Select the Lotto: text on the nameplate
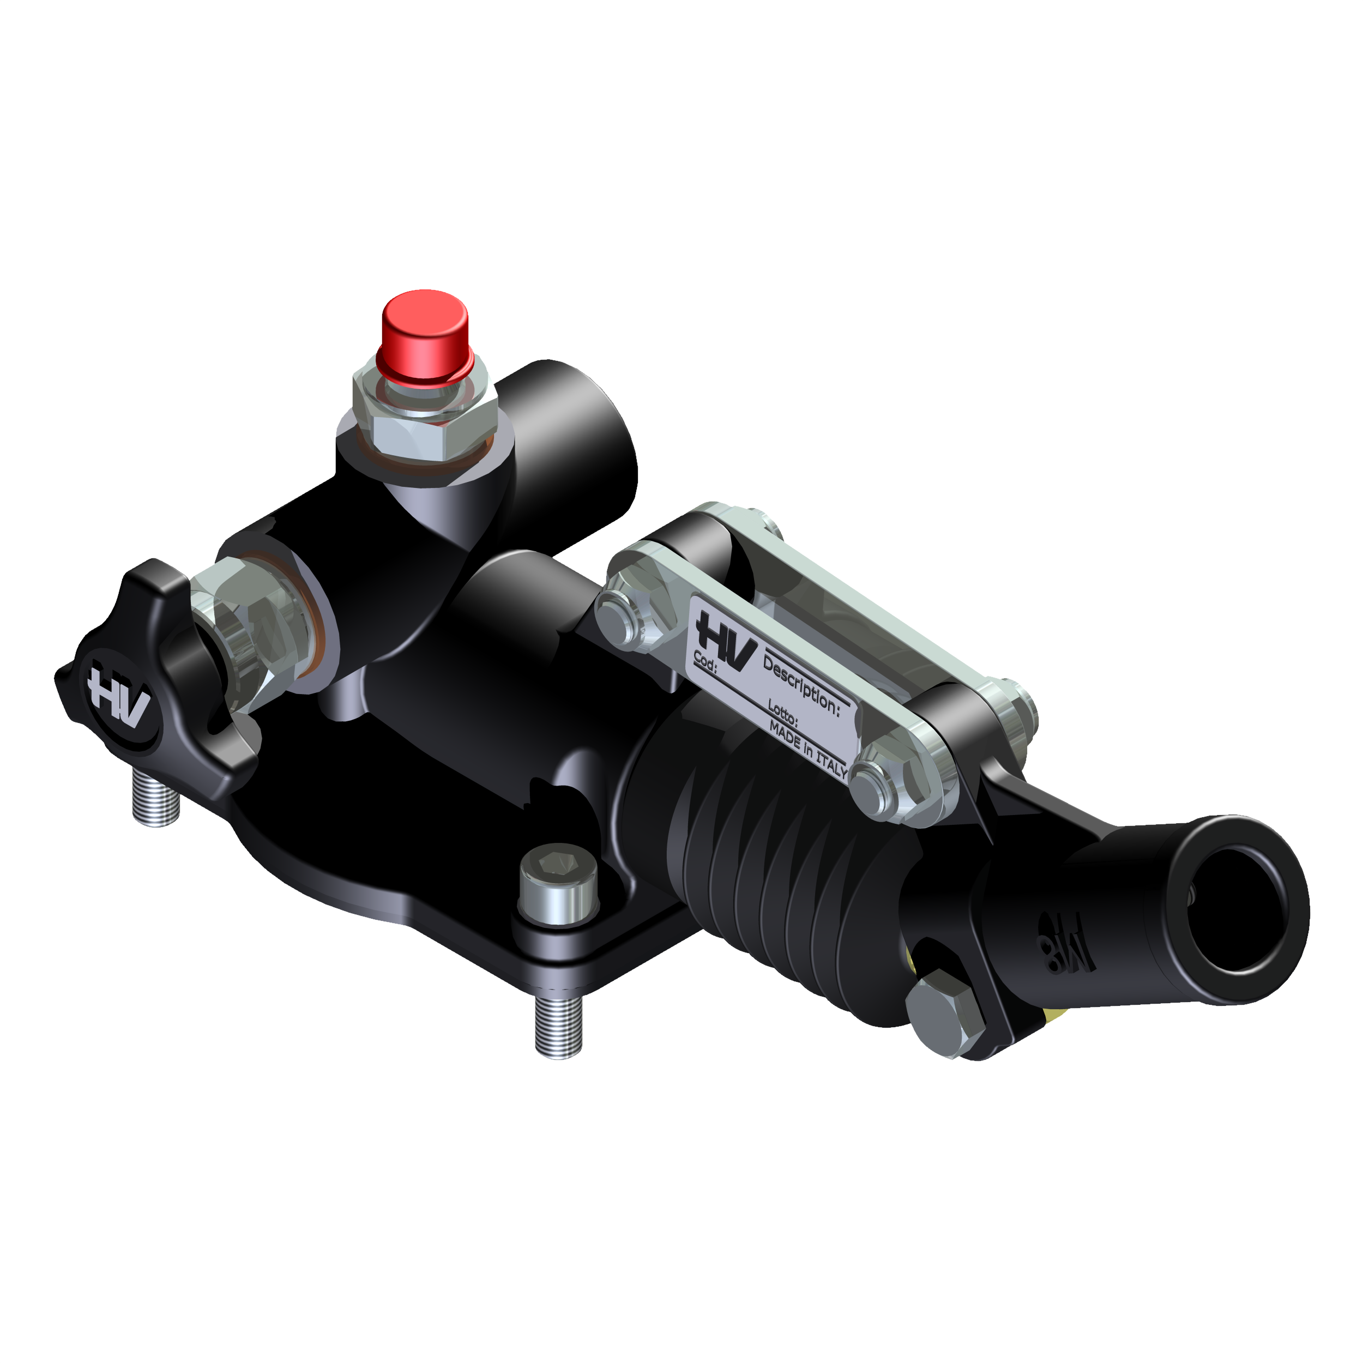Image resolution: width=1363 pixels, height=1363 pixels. coord(782,713)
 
